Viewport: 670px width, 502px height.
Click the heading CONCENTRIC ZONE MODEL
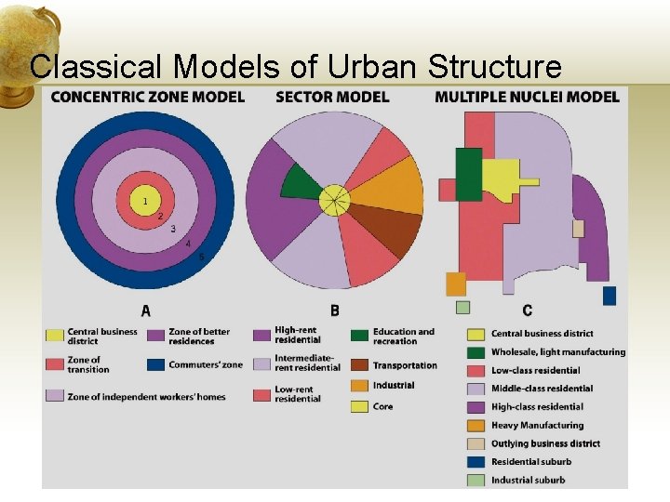(x=148, y=97)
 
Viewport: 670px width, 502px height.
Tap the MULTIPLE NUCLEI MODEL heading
(x=527, y=97)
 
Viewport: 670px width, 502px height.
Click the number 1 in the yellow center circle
(x=144, y=201)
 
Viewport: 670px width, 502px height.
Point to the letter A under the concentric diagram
(x=146, y=310)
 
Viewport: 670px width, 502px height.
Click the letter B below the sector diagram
(x=334, y=310)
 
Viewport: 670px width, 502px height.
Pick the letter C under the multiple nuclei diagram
(x=528, y=310)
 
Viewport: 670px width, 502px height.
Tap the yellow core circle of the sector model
(x=334, y=199)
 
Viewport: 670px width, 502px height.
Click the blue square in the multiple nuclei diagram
(x=610, y=296)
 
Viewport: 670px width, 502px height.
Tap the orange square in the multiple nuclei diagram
(x=456, y=284)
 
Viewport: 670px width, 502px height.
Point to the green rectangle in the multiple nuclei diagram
(x=468, y=174)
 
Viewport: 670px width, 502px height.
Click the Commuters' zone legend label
(x=205, y=364)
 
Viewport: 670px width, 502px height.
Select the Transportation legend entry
(x=405, y=365)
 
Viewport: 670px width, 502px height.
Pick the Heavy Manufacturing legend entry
(x=537, y=425)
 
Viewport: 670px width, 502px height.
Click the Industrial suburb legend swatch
(x=476, y=480)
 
